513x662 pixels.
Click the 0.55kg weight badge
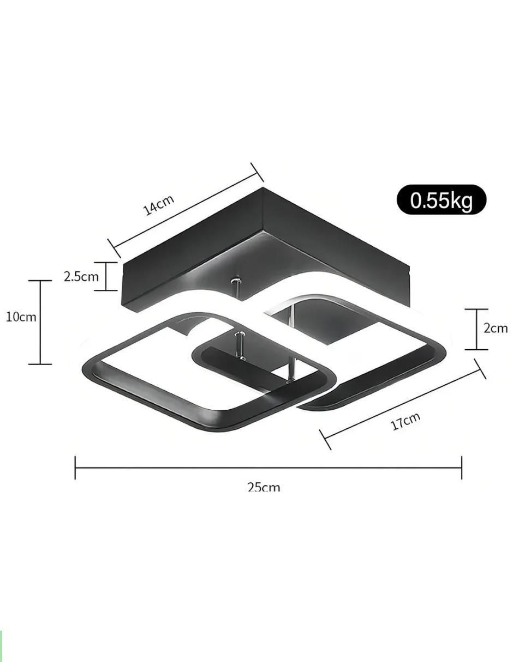(441, 199)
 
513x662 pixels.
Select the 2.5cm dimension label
(81, 276)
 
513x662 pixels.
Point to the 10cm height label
(21, 317)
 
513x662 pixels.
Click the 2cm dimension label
(496, 328)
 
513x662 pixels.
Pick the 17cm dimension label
(405, 421)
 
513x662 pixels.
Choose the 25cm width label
(264, 487)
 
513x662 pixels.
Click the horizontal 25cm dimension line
(269, 467)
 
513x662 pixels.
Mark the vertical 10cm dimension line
(40, 322)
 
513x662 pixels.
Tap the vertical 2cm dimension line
(476, 329)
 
